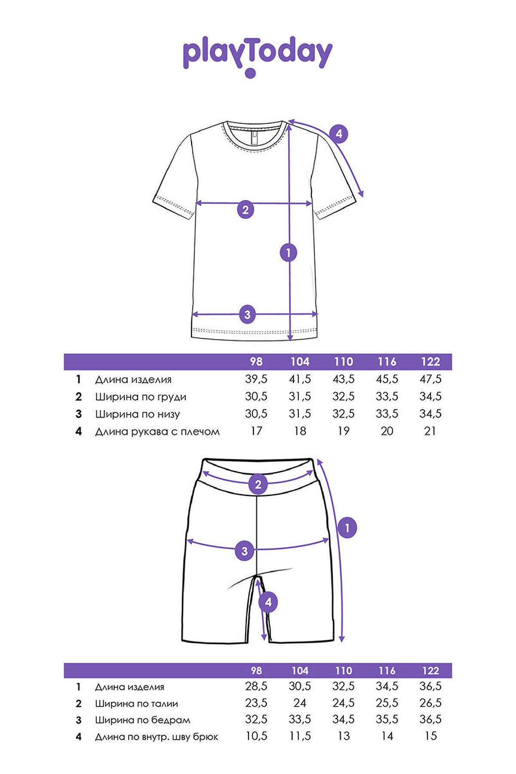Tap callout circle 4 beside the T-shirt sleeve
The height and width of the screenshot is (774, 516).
339,134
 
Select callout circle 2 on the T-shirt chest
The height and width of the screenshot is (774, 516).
246,210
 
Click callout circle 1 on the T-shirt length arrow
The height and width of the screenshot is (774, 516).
289,252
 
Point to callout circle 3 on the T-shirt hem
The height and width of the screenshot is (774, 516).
247,314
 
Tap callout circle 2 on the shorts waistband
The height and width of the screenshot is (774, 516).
258,485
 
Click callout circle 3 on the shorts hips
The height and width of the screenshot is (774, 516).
245,551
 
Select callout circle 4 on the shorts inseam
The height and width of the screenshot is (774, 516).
268,602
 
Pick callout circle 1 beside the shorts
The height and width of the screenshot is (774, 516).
348,528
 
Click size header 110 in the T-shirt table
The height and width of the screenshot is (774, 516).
344,362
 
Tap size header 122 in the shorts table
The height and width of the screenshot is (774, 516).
430,670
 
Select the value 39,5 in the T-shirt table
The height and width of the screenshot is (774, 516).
256,379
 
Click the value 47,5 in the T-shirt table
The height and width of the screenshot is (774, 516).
430,379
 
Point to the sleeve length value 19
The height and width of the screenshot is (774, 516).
344,431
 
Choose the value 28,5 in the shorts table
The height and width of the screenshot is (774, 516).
256,687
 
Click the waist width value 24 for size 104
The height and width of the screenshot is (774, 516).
300,703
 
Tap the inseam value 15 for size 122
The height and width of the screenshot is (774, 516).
430,736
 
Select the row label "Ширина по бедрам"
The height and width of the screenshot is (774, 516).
142,720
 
